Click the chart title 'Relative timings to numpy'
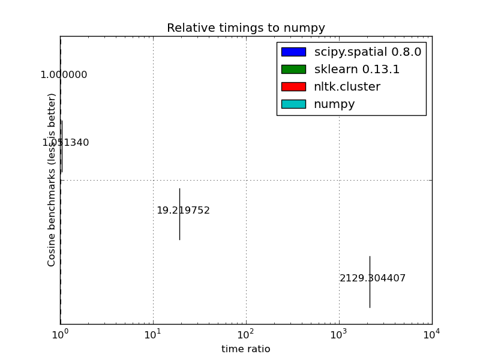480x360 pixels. click(x=246, y=28)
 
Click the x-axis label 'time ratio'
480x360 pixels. click(x=246, y=349)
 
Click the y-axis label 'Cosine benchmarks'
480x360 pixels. click(x=52, y=180)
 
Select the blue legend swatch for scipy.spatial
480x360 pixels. click(x=293, y=52)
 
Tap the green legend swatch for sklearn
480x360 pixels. click(x=293, y=70)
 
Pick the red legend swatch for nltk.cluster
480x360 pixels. click(x=293, y=87)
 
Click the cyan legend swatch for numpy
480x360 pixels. click(x=293, y=104)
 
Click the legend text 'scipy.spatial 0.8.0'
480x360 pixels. click(x=368, y=52)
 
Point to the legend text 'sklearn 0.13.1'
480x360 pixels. click(x=357, y=70)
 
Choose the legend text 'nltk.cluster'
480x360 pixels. click(x=347, y=87)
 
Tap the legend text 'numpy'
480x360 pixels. click(x=335, y=104)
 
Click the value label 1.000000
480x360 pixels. click(x=64, y=75)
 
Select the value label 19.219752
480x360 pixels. click(x=183, y=211)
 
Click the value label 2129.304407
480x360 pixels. click(x=373, y=278)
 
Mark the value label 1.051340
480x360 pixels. click(x=65, y=143)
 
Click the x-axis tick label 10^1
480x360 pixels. click(x=153, y=334)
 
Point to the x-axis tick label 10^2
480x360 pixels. click(x=246, y=334)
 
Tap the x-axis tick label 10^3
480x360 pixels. click(x=339, y=334)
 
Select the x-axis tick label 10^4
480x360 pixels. click(x=431, y=334)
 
